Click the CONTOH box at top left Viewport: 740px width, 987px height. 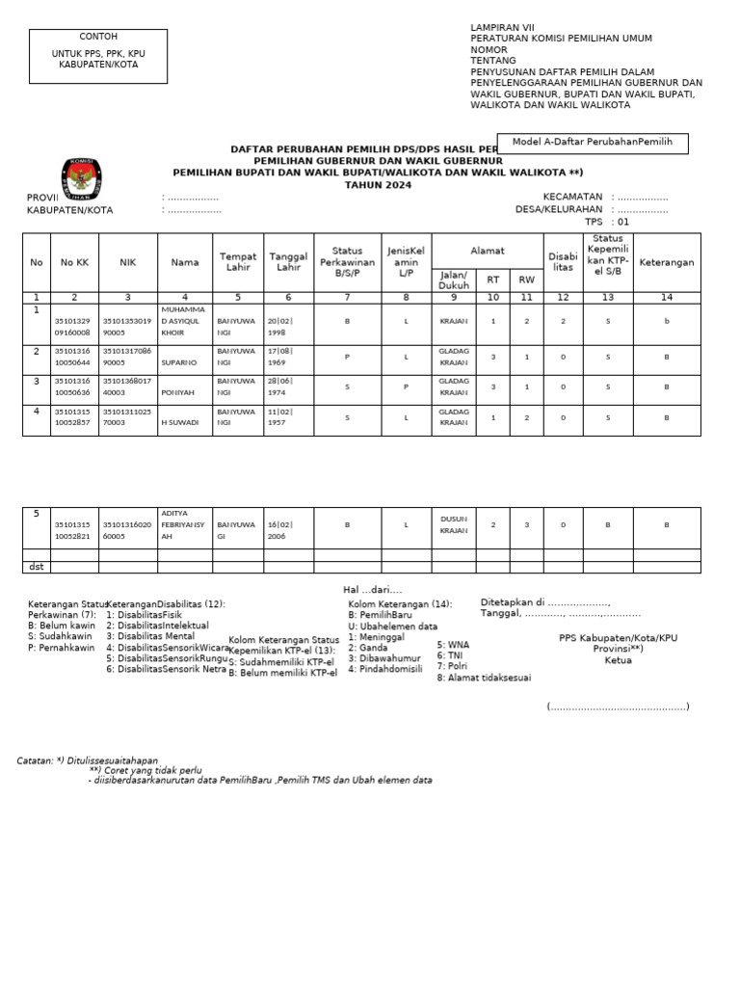(x=97, y=49)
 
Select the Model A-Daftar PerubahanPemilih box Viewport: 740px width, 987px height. (x=592, y=143)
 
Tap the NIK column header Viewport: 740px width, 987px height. (x=128, y=261)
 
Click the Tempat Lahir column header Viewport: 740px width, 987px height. (x=238, y=261)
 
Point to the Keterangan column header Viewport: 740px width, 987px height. (x=666, y=261)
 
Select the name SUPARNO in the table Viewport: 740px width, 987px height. (x=185, y=364)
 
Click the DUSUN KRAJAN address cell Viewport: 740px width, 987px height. (x=453, y=524)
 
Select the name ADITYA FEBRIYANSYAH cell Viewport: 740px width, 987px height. (x=185, y=525)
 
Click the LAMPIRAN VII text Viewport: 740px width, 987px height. (x=502, y=28)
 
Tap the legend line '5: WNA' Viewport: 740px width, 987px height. (x=454, y=644)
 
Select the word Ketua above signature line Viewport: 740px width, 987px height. (x=618, y=660)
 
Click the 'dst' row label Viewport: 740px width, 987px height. (x=36, y=567)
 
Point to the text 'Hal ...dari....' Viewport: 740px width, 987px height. (x=372, y=589)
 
